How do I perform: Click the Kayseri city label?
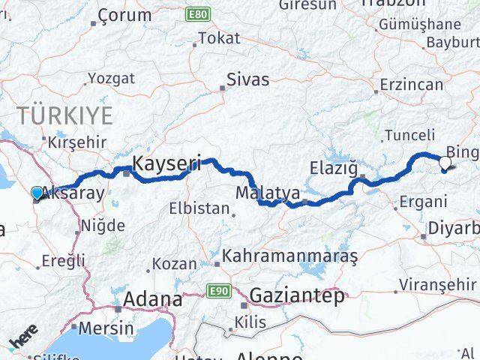click(x=166, y=162)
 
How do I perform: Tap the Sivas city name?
click(x=249, y=77)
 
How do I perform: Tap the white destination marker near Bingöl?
click(x=445, y=162)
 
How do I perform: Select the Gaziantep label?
click(x=298, y=295)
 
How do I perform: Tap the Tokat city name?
click(x=219, y=38)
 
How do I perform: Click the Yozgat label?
click(x=111, y=77)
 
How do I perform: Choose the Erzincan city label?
click(x=412, y=84)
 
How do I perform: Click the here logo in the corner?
click(x=23, y=341)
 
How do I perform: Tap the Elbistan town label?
click(x=199, y=208)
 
